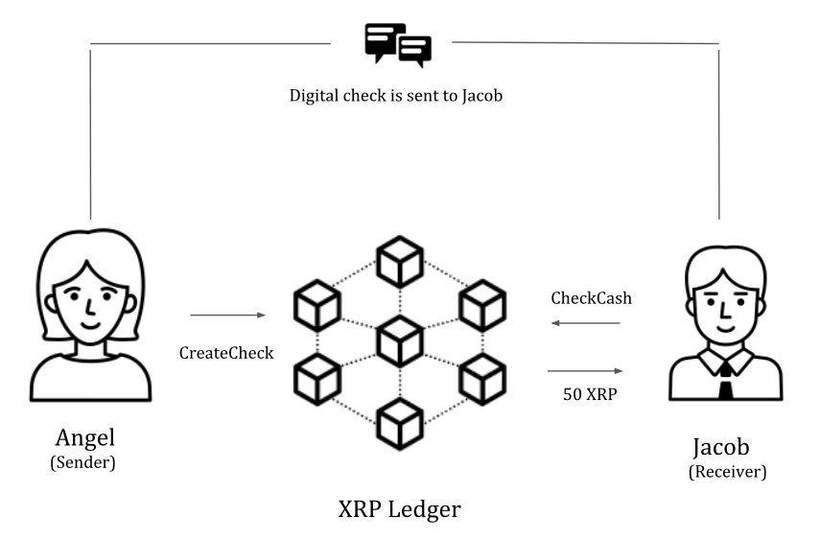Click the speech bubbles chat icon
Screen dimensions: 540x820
tap(397, 44)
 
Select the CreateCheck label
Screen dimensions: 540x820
tap(226, 353)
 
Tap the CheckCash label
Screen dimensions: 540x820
tap(591, 298)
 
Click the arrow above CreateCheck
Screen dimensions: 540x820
tap(227, 315)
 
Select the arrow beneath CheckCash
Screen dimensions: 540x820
tap(585, 324)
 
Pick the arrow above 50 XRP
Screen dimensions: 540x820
tap(585, 371)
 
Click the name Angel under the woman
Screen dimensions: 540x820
tap(85, 438)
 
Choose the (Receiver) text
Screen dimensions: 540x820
tap(728, 472)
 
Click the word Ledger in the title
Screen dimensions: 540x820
tap(424, 509)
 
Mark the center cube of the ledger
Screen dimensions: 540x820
tap(400, 339)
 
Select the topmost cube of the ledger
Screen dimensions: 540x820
tap(400, 259)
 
